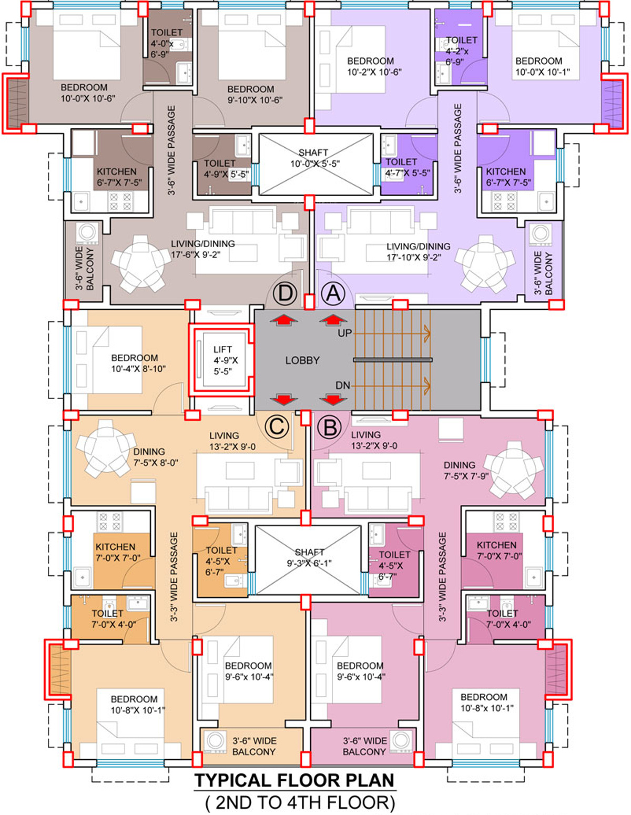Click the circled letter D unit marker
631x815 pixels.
[285, 293]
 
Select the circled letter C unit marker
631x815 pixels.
[277, 426]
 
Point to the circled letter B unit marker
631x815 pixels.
[329, 427]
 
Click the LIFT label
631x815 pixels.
[222, 350]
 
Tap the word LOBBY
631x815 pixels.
[302, 360]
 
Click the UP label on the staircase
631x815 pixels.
[345, 333]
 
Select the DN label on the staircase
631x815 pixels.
[343, 385]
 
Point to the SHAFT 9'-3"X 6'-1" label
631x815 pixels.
[309, 557]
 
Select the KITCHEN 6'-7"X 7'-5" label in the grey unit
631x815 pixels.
[119, 177]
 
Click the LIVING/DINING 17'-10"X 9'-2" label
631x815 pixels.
[419, 252]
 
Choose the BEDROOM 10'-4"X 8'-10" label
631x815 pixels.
[138, 363]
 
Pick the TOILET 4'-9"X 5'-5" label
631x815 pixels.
[227, 169]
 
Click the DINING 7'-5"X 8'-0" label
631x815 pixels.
[156, 457]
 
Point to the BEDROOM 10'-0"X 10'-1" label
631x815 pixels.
[543, 66]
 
